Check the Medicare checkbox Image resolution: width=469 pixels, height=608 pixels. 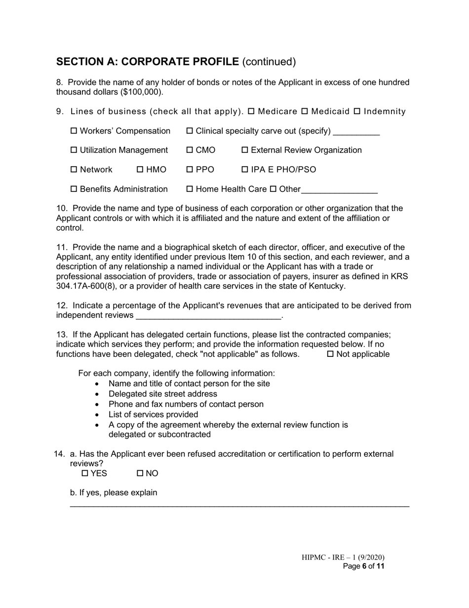pyautogui.click(x=251, y=112)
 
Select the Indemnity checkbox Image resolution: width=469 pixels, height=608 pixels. pyautogui.click(x=357, y=112)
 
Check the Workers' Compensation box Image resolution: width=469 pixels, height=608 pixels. pyautogui.click(x=74, y=131)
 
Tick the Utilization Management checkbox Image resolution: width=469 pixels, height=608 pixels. pyautogui.click(x=74, y=150)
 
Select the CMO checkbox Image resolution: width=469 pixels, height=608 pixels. pyautogui.click(x=190, y=150)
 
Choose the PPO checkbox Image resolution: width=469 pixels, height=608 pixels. pyautogui.click(x=190, y=170)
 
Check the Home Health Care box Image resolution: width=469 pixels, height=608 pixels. pyautogui.click(x=190, y=189)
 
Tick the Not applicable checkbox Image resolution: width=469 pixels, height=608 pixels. pyautogui.click(x=330, y=354)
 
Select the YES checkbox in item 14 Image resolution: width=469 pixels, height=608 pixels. pyautogui.click(x=85, y=474)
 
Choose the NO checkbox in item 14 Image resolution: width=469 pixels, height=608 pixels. pyautogui.click(x=140, y=474)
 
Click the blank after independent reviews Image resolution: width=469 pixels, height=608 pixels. pyautogui.click(x=207, y=316)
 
